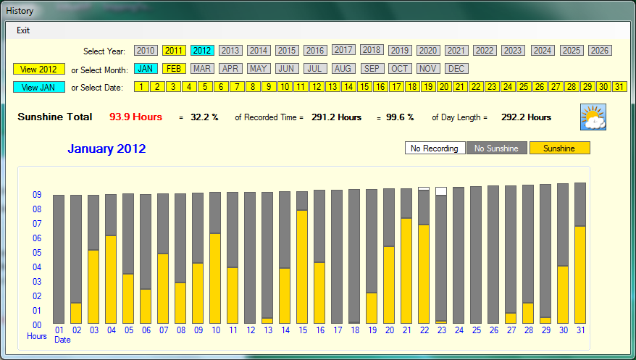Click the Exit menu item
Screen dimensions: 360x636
23,30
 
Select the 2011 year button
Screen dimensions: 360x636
174,51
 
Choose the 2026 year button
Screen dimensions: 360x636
600,51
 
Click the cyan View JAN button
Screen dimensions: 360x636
39,87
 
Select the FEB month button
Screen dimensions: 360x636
174,69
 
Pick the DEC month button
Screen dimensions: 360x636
456,69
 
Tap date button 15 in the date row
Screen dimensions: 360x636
364,87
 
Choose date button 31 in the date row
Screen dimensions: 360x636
619,87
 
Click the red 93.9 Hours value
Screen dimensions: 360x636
135,117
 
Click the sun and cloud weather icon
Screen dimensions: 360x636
593,117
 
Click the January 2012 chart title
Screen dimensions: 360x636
106,149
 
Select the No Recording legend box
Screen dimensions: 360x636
435,148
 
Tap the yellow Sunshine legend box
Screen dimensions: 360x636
560,148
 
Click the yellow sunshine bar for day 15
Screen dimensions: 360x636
302,267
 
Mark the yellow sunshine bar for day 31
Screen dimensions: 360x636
580,275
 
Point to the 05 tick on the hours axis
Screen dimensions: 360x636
36,253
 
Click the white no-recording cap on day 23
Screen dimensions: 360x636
441,191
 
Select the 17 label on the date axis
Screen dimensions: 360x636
337,330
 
